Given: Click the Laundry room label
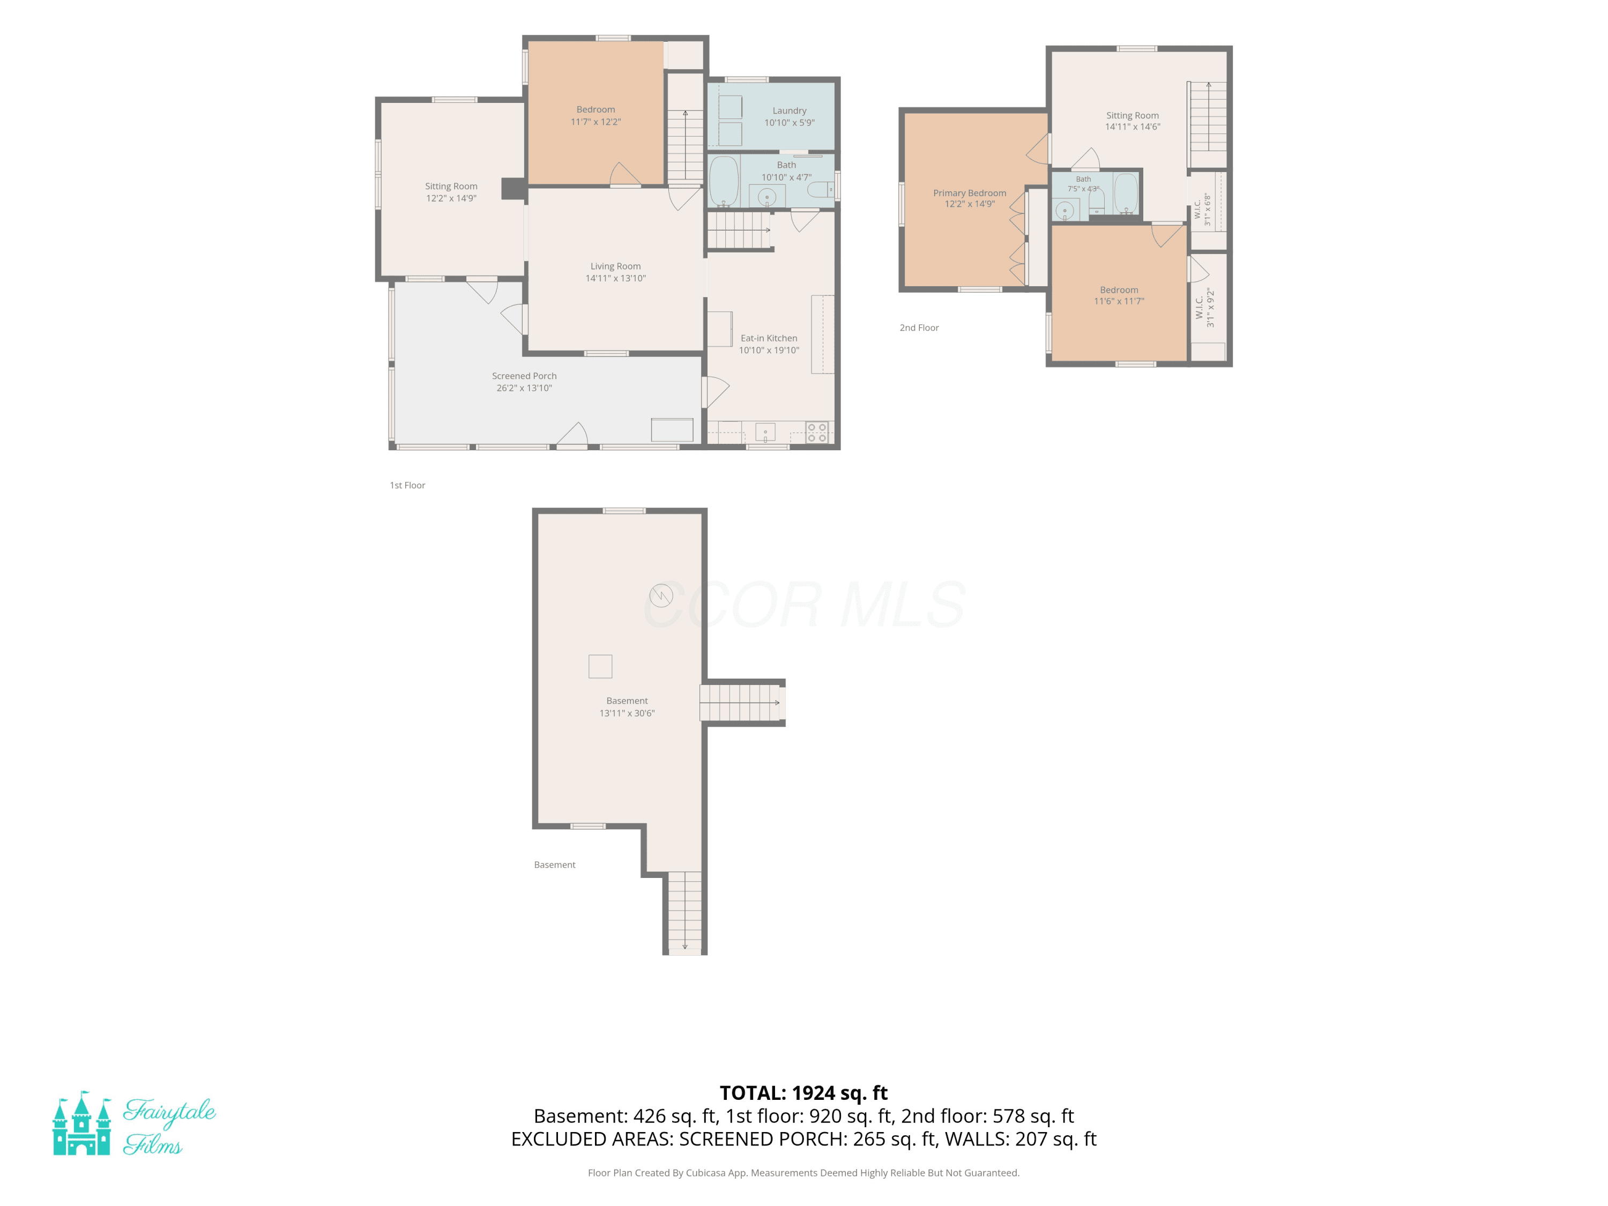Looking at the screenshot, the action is (790, 110).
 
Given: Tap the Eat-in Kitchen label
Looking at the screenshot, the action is (769, 338).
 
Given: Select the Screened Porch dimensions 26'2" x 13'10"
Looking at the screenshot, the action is (524, 388).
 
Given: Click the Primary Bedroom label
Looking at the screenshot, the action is (970, 192).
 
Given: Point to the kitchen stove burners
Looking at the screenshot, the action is (817, 433).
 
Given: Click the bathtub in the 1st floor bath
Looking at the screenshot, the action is (724, 180).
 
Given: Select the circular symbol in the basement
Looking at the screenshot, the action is (661, 596).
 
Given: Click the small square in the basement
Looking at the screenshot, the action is (600, 667).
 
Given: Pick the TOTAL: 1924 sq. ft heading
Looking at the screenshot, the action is (804, 1092).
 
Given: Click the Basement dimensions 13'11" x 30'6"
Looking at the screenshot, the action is (627, 713).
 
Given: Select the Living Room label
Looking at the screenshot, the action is (616, 266).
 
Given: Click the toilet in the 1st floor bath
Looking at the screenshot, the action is (820, 190).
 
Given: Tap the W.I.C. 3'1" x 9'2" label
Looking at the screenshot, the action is (1204, 308).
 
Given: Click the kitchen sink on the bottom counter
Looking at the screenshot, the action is (765, 433).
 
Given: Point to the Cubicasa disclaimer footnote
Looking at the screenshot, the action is (804, 1173).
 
